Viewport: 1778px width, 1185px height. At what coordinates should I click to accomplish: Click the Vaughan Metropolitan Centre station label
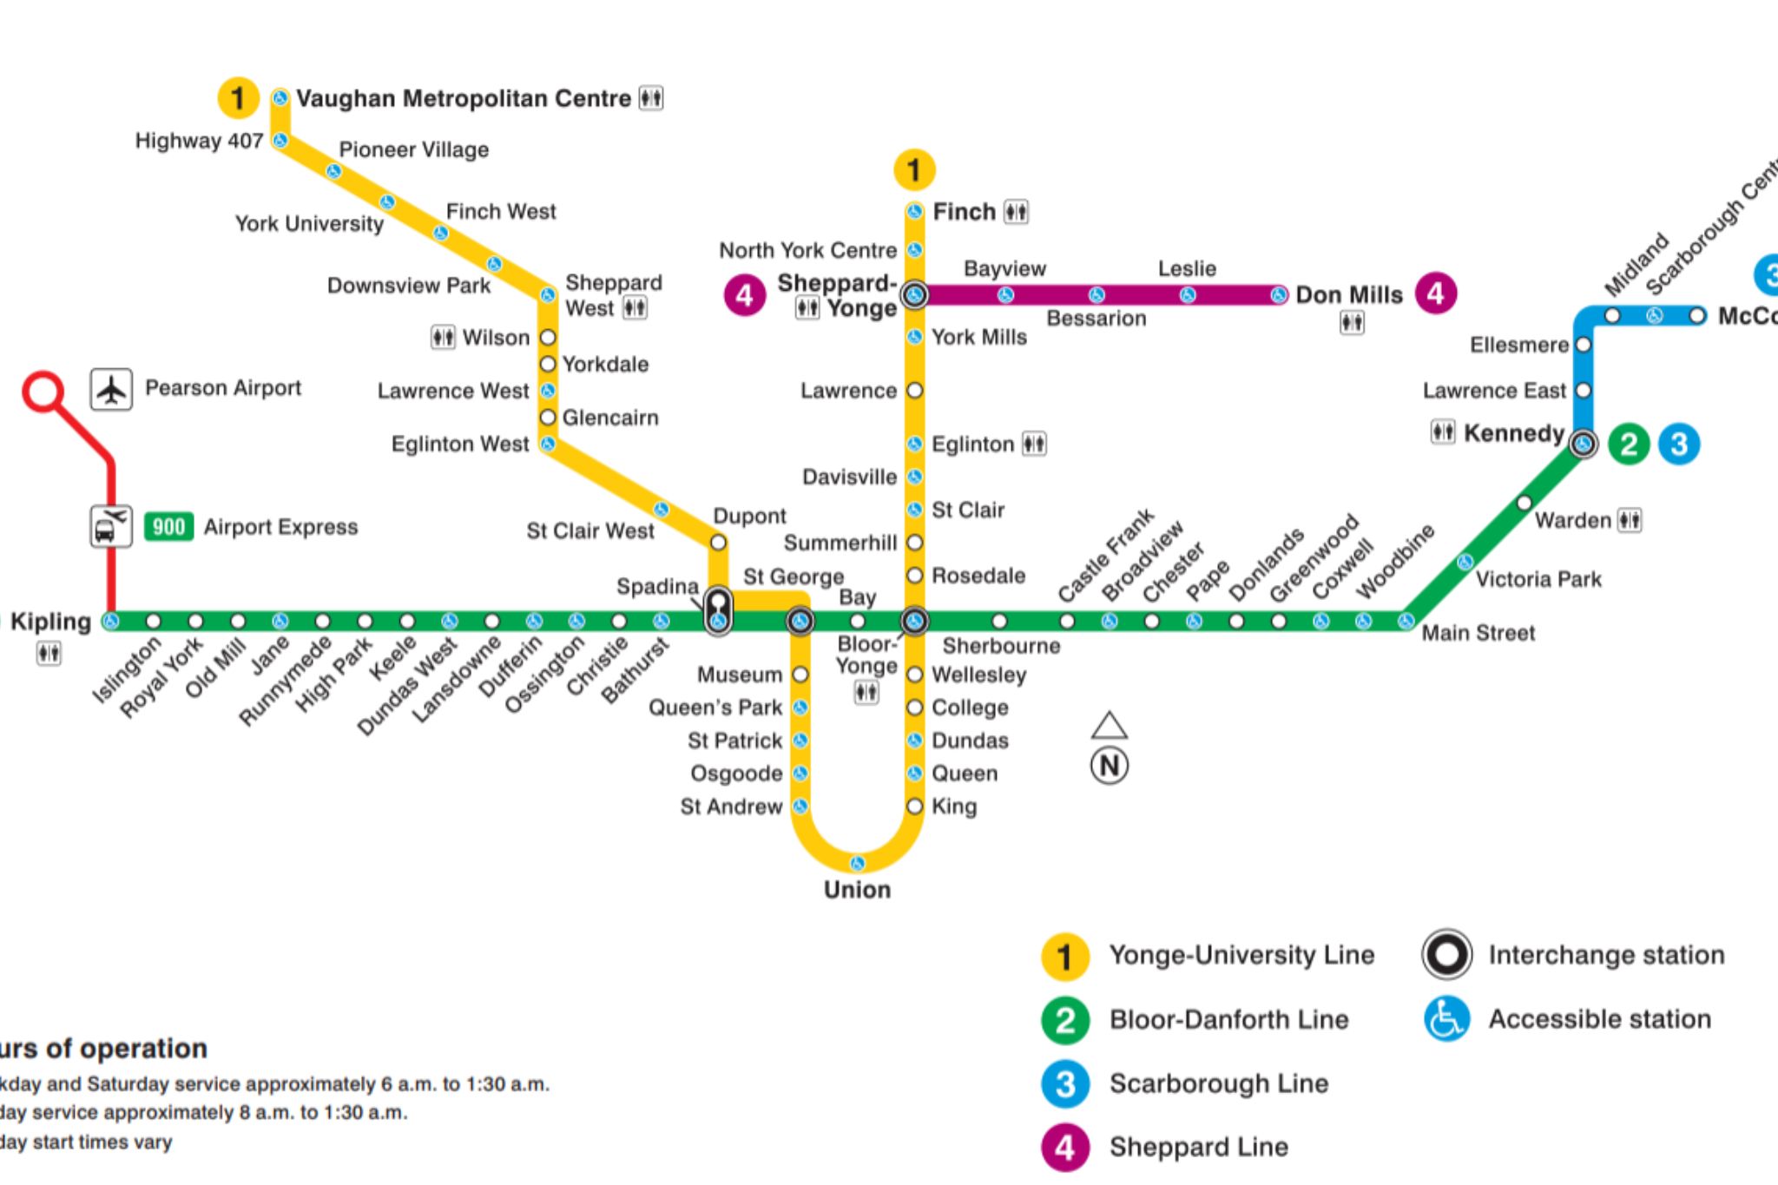click(x=463, y=99)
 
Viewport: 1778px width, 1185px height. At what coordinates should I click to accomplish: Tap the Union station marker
click(x=857, y=863)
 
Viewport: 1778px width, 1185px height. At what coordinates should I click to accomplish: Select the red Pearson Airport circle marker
click(x=43, y=392)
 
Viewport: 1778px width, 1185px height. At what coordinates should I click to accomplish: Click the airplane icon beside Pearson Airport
click(x=111, y=390)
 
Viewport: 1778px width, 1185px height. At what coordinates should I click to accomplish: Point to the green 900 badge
click(x=168, y=527)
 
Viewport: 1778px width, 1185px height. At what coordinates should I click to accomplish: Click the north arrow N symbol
click(x=1110, y=765)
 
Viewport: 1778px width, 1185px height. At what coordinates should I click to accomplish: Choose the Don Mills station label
click(x=1349, y=295)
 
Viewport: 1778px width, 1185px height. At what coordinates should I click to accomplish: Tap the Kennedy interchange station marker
click(x=1584, y=444)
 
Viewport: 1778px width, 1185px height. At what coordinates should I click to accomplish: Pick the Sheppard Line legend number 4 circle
click(x=1065, y=1148)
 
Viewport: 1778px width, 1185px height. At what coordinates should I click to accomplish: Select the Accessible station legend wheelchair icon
click(x=1446, y=1019)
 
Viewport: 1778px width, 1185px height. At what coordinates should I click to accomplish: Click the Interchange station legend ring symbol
click(x=1446, y=955)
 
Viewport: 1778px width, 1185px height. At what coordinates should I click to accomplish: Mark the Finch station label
click(x=964, y=212)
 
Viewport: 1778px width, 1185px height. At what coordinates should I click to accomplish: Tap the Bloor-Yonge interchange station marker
click(x=914, y=621)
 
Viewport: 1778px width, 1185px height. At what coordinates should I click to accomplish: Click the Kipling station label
click(x=50, y=622)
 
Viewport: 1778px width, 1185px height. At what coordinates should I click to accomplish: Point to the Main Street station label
click(x=1478, y=633)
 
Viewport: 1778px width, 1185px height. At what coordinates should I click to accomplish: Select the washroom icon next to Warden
click(x=1629, y=520)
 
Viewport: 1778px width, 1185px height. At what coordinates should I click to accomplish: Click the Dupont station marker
click(x=718, y=543)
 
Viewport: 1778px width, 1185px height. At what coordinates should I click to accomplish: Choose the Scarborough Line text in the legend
click(x=1219, y=1083)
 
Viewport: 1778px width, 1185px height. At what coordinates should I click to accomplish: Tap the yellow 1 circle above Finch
click(x=914, y=170)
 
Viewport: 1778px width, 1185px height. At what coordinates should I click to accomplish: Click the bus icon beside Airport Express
click(x=111, y=526)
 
